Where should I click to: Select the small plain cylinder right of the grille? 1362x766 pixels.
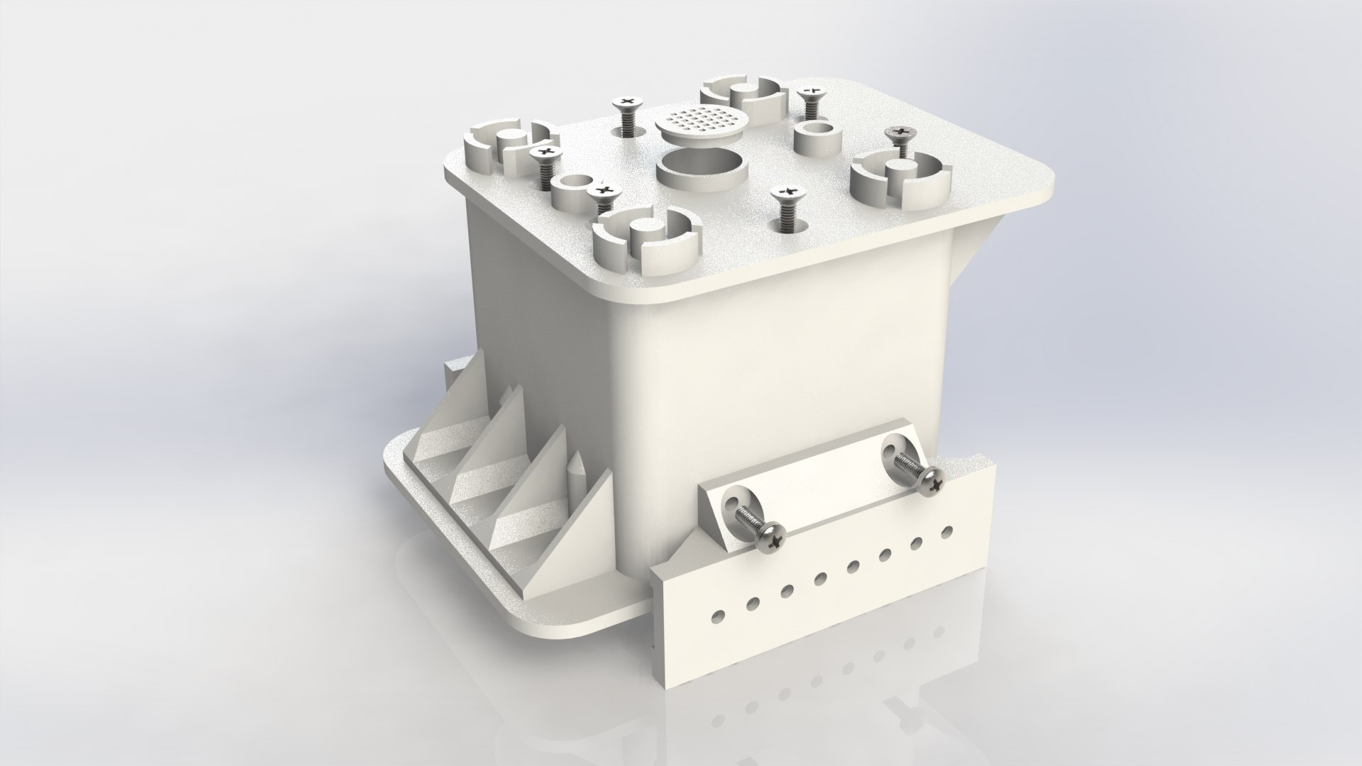click(816, 138)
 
